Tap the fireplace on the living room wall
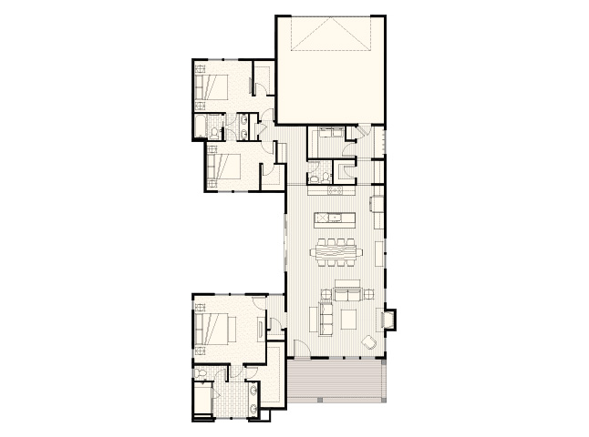coord(389,319)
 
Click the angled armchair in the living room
coord(370,342)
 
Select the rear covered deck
coord(338,379)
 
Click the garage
coord(329,68)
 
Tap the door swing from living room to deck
coord(301,349)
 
